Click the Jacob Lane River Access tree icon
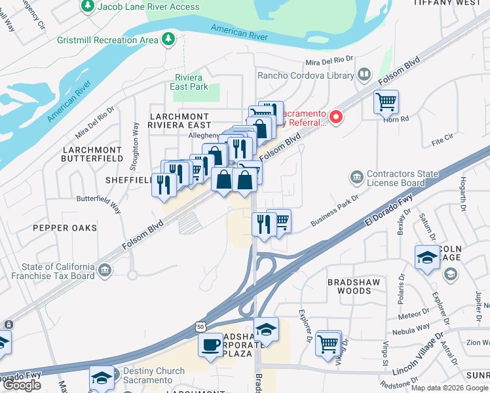click(x=87, y=7)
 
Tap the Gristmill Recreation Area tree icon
click(x=169, y=40)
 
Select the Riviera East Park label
click(x=189, y=82)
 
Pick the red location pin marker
click(x=337, y=117)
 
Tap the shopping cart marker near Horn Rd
click(x=386, y=102)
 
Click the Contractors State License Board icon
click(x=357, y=176)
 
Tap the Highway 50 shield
click(x=200, y=326)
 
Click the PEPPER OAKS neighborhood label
click(x=67, y=228)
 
